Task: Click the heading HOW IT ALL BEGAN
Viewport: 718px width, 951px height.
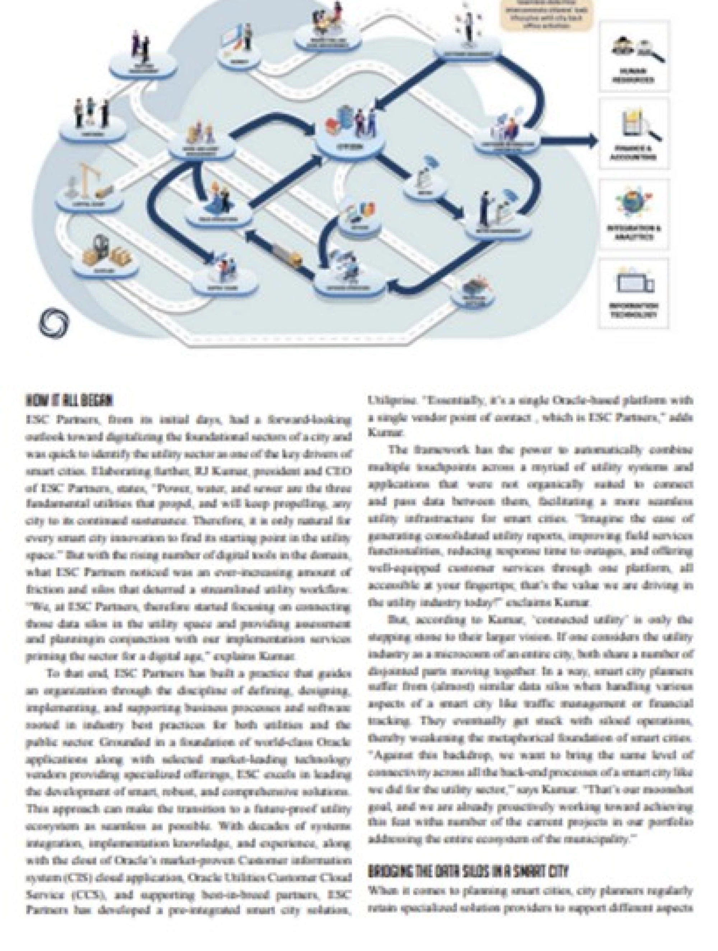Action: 69,401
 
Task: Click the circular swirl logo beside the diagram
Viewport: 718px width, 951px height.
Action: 54,322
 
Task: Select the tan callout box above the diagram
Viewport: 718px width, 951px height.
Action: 546,15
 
